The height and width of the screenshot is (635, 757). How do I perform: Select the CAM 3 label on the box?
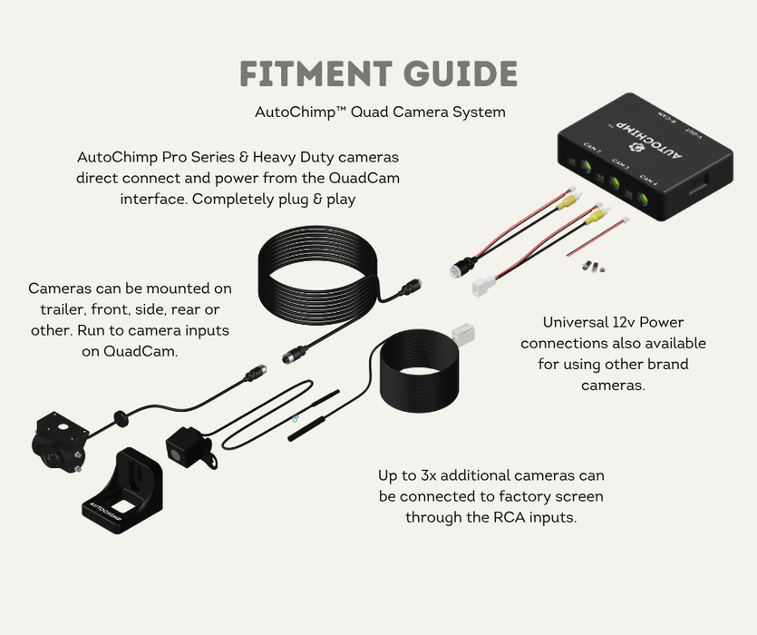pos(620,163)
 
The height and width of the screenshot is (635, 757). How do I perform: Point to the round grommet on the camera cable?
pos(118,418)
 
